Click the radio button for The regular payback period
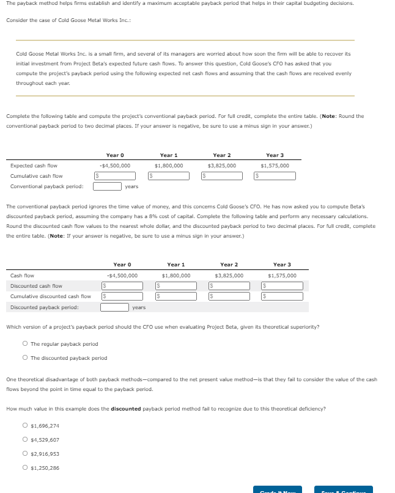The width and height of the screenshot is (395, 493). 25,344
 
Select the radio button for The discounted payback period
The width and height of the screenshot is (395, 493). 25,358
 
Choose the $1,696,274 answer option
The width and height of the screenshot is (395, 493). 25,426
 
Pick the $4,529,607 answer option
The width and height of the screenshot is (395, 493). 25,440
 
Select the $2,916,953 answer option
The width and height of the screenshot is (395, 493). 25,454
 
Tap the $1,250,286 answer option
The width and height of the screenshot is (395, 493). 25,468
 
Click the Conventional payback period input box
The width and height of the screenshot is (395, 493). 107,186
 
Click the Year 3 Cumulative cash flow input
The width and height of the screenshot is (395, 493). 278,176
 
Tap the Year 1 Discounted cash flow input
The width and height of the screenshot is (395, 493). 177,286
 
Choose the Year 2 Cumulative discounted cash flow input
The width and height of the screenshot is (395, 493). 231,297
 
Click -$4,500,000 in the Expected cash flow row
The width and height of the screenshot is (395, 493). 114,166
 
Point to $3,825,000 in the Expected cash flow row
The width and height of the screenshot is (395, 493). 222,166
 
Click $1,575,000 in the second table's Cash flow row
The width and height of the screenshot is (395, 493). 282,276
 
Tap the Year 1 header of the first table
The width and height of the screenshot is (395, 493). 169,155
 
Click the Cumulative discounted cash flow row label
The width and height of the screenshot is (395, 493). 51,297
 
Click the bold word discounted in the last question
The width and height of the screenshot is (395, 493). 125,409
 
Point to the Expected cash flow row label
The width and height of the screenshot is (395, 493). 34,166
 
